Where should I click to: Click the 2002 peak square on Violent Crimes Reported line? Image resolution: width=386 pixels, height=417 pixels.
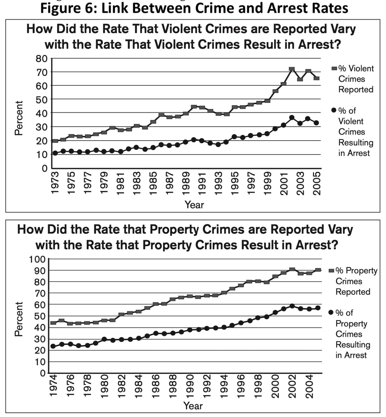coord(292,69)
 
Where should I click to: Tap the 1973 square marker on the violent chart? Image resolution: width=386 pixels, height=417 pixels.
coord(55,141)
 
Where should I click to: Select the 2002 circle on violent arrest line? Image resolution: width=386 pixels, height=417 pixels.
coord(292,118)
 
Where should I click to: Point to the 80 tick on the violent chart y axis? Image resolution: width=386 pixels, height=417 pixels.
coord(42,59)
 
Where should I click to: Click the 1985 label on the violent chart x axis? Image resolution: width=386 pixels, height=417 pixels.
coord(153,183)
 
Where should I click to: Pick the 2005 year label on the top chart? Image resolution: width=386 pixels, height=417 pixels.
coord(317,183)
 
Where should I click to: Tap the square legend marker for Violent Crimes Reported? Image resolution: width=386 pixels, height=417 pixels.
coord(334,68)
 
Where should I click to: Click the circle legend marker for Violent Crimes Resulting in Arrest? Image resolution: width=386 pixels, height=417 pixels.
coord(334,110)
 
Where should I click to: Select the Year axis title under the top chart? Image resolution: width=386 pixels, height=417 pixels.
coord(194,205)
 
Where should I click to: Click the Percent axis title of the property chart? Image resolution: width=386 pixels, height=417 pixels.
coord(18,319)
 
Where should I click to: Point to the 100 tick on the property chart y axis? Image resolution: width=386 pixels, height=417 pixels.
coord(37,259)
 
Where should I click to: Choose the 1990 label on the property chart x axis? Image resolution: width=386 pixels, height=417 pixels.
coord(190,386)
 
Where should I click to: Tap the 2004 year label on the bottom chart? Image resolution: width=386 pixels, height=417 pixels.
coord(310,386)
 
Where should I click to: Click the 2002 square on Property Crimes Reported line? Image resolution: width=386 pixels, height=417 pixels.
coord(292,270)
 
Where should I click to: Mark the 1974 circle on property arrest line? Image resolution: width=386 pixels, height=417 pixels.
coord(53,346)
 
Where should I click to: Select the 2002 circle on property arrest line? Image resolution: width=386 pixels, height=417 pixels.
coord(292,306)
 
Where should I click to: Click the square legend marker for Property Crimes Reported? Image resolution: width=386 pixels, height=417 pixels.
coord(331,271)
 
